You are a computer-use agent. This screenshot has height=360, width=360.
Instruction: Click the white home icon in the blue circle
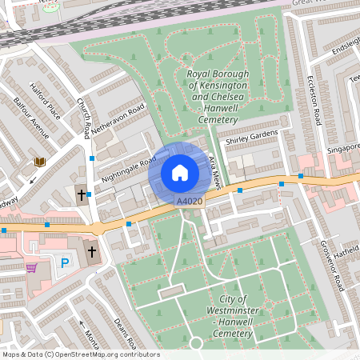[180, 172]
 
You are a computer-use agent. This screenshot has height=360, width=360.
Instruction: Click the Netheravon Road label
[118, 118]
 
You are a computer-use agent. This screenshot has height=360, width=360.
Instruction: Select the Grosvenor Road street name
[333, 264]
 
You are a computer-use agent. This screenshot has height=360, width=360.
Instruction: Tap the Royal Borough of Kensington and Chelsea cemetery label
[218, 97]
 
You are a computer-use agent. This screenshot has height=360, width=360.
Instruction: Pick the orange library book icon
[39, 162]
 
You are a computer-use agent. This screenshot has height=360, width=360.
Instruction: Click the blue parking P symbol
[65, 262]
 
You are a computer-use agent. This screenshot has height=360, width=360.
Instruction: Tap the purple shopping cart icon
[31, 268]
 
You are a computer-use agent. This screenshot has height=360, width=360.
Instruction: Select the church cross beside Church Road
[81, 194]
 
